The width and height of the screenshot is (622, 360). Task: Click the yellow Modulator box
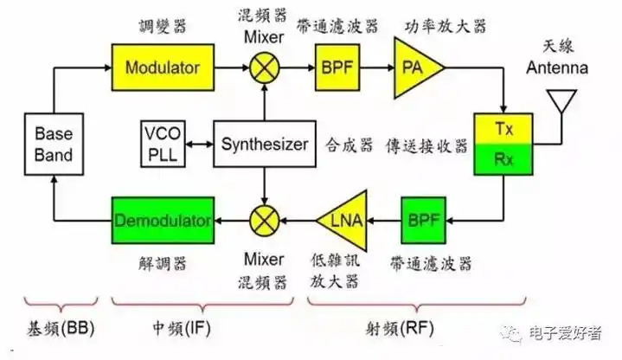point(162,67)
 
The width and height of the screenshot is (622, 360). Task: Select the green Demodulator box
point(162,220)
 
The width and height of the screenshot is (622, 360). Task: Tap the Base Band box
point(54,145)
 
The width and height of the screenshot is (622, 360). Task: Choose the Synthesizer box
point(264,145)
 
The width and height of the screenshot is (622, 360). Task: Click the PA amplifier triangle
point(414,67)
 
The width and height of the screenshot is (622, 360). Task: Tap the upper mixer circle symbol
point(264,67)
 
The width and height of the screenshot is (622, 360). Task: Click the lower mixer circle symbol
point(264,220)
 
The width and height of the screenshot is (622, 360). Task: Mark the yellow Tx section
point(503,129)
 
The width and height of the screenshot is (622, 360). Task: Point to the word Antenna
point(565,68)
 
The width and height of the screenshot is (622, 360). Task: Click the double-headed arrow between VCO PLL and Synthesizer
point(201,145)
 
